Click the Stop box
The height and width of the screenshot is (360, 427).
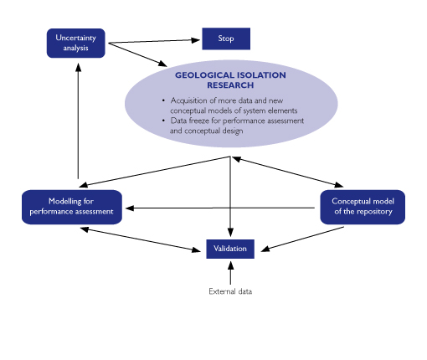click(226, 39)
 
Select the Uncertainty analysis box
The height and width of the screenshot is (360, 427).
click(76, 44)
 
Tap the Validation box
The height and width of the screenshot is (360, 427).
click(230, 249)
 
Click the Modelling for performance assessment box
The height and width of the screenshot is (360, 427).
click(72, 207)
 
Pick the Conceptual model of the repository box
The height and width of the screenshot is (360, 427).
click(363, 207)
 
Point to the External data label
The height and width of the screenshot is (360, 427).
click(230, 291)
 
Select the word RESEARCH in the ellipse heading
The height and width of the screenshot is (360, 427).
click(230, 85)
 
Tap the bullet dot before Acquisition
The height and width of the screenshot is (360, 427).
click(163, 100)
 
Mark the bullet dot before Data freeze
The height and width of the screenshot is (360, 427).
click(163, 121)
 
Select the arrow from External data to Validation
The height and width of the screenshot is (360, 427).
click(230, 273)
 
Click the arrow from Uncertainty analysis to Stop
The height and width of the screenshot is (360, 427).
click(154, 41)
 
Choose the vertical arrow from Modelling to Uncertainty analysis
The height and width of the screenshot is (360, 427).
click(79, 121)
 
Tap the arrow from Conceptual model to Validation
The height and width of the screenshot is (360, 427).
click(302, 239)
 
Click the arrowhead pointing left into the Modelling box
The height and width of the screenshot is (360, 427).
click(130, 208)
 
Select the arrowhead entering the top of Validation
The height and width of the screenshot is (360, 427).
click(230, 233)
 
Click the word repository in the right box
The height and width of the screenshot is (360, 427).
click(374, 212)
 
